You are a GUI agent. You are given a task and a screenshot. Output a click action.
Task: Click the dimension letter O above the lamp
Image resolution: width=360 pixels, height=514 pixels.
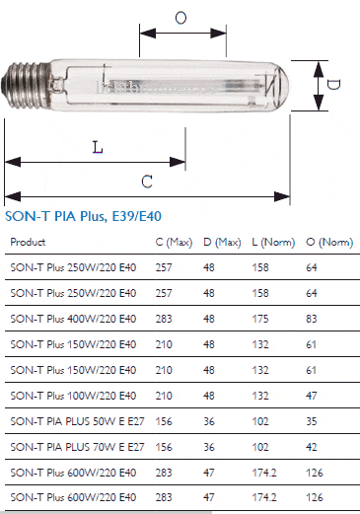click(x=180, y=18)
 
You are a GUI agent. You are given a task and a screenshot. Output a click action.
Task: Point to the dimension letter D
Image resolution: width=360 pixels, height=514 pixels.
click(x=333, y=85)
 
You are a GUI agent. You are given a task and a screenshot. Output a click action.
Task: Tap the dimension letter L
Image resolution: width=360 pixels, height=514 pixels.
click(x=98, y=147)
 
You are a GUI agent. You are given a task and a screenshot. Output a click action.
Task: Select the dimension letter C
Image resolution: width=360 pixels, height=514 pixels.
click(x=147, y=182)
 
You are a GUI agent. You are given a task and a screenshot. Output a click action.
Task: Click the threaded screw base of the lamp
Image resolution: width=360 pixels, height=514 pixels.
click(x=26, y=85)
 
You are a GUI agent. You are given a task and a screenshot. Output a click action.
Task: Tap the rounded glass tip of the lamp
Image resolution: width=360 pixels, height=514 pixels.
click(x=282, y=86)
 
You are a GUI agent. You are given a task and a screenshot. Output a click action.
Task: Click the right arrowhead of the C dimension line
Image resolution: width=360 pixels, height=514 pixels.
click(x=282, y=196)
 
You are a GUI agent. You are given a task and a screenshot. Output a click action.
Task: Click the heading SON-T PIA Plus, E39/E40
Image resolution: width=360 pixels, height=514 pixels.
click(x=83, y=216)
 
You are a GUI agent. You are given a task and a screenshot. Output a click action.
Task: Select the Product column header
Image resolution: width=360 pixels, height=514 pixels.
click(x=28, y=242)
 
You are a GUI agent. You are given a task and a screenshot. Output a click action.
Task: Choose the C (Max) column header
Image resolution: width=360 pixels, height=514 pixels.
click(x=174, y=243)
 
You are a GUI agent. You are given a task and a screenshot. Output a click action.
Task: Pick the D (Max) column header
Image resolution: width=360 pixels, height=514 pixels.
click(x=222, y=243)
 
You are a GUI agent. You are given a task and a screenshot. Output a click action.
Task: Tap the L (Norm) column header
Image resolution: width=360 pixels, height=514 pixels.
click(x=273, y=243)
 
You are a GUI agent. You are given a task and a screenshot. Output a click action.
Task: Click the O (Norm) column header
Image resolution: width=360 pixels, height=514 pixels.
click(x=329, y=243)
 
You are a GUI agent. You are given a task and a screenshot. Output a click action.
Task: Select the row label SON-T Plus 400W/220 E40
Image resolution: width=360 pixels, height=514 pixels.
click(x=73, y=319)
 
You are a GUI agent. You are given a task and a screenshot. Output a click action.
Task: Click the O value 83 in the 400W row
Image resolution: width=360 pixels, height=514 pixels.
click(x=312, y=319)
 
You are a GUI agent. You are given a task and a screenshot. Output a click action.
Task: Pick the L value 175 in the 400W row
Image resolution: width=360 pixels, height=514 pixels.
click(x=260, y=319)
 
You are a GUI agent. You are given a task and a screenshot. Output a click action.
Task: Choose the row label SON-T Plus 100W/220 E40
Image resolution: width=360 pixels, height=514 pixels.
click(x=73, y=396)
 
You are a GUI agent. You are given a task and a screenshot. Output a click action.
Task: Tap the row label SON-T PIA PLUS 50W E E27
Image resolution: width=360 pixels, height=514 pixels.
click(x=77, y=421)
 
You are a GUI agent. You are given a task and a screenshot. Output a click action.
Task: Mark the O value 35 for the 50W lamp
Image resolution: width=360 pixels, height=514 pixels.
click(x=312, y=421)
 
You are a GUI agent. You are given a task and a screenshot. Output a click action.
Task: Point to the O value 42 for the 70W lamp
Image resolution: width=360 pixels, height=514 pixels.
click(x=312, y=447)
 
